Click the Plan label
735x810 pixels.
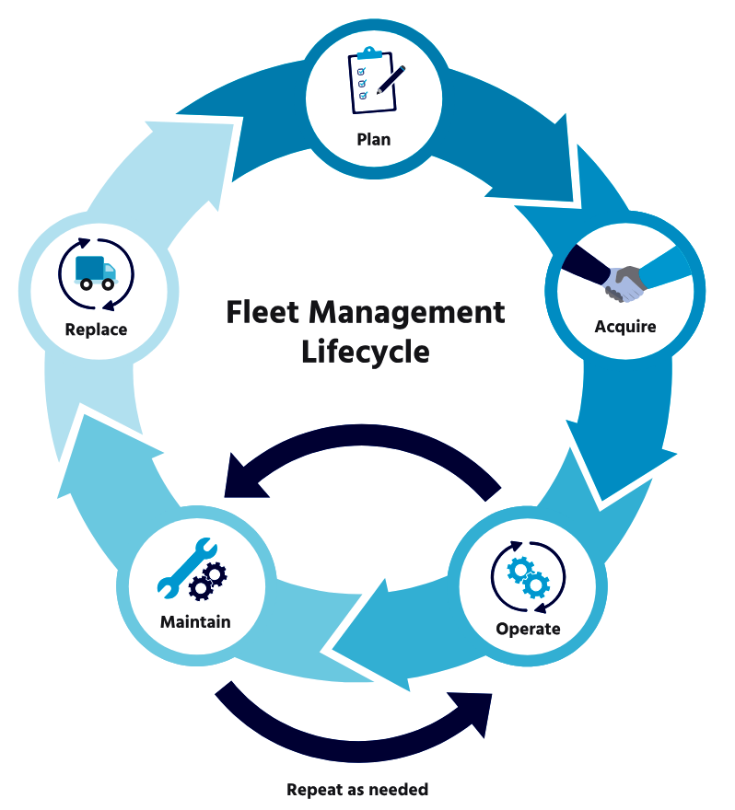click(x=374, y=140)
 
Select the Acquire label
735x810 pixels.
click(x=625, y=327)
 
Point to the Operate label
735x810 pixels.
click(x=528, y=629)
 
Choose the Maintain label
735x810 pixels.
click(x=195, y=621)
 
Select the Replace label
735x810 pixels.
click(x=96, y=329)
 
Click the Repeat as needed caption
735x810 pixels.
click(x=357, y=789)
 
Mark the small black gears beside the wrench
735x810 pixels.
click(x=206, y=582)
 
